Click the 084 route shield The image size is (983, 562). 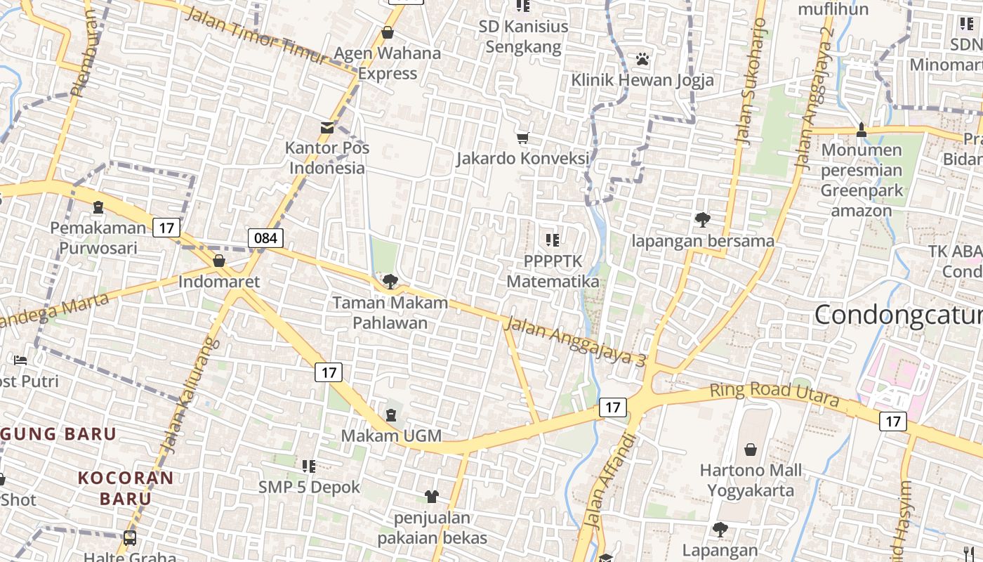(x=265, y=237)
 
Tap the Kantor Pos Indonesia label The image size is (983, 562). (x=327, y=158)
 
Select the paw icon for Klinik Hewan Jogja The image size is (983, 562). (x=642, y=59)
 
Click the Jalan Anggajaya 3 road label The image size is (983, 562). (x=574, y=342)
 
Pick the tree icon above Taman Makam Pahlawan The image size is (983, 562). (x=390, y=282)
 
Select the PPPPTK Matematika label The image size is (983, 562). (x=553, y=271)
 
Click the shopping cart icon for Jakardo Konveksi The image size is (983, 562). (x=522, y=138)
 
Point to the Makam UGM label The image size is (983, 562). (x=391, y=436)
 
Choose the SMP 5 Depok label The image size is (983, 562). (x=309, y=487)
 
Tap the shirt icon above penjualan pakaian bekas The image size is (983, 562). (x=432, y=496)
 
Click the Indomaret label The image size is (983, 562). (x=219, y=282)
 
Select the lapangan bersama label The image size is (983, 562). (x=702, y=241)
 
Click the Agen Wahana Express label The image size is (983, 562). (x=388, y=63)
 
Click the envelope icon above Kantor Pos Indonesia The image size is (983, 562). (x=327, y=127)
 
